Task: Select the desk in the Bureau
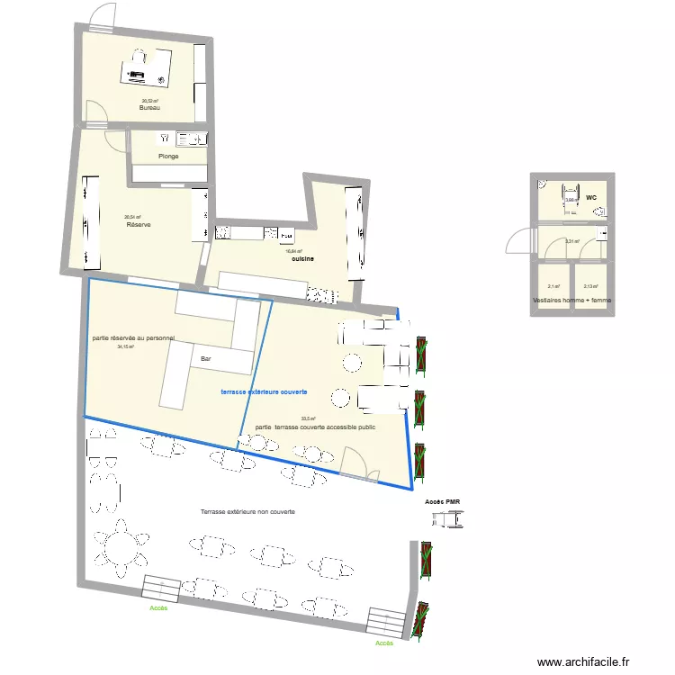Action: click(147, 67)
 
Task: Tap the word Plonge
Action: click(168, 157)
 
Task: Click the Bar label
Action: click(206, 359)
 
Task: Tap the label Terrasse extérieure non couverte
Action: click(247, 511)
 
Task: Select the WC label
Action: click(591, 197)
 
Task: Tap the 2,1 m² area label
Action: click(553, 287)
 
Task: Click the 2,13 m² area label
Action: click(590, 287)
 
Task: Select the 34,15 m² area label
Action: click(127, 346)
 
